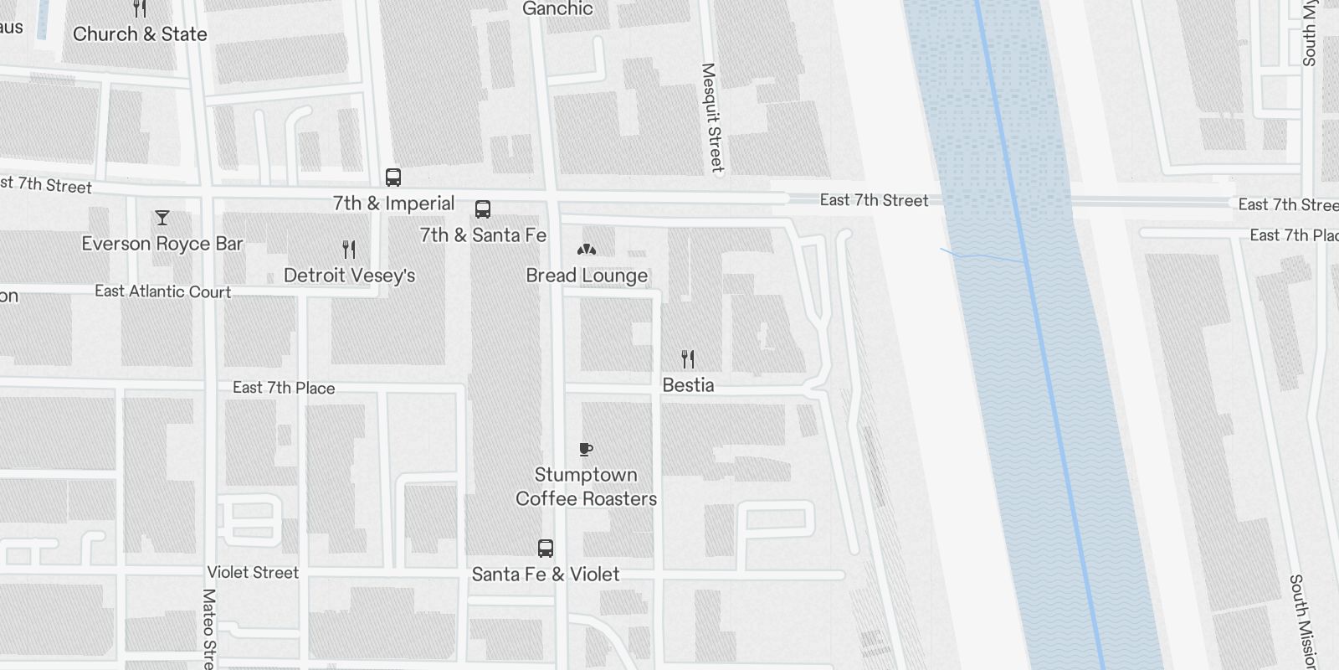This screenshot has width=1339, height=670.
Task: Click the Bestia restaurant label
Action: (x=688, y=385)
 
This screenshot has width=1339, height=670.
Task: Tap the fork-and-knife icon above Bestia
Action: (x=688, y=359)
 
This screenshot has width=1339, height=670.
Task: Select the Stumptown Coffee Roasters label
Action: (x=586, y=487)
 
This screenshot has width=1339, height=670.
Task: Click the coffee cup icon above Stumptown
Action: (x=586, y=450)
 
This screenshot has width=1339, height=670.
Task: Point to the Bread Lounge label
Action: (x=587, y=276)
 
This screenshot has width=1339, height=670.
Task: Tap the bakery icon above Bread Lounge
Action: (x=587, y=249)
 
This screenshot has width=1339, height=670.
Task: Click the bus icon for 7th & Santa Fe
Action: (x=483, y=209)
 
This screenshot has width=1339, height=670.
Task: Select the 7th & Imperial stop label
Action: (x=393, y=204)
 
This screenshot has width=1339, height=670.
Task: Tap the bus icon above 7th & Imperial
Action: (x=393, y=178)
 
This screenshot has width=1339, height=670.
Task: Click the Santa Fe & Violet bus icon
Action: (x=546, y=549)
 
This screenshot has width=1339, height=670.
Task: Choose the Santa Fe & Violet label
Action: (x=546, y=575)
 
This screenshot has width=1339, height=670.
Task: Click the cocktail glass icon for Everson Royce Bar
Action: (x=162, y=218)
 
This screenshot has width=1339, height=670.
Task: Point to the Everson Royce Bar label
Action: (x=162, y=244)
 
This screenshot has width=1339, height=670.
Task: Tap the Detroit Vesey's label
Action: (x=349, y=276)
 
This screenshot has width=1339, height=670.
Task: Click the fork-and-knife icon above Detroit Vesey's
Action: (x=349, y=249)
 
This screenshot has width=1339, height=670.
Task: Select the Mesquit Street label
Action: (x=711, y=117)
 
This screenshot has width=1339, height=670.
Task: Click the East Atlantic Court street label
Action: (x=162, y=291)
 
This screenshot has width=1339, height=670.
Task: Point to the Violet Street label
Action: (x=253, y=573)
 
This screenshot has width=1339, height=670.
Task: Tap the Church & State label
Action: (x=140, y=34)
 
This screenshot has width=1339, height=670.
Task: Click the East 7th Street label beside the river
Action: (x=874, y=200)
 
